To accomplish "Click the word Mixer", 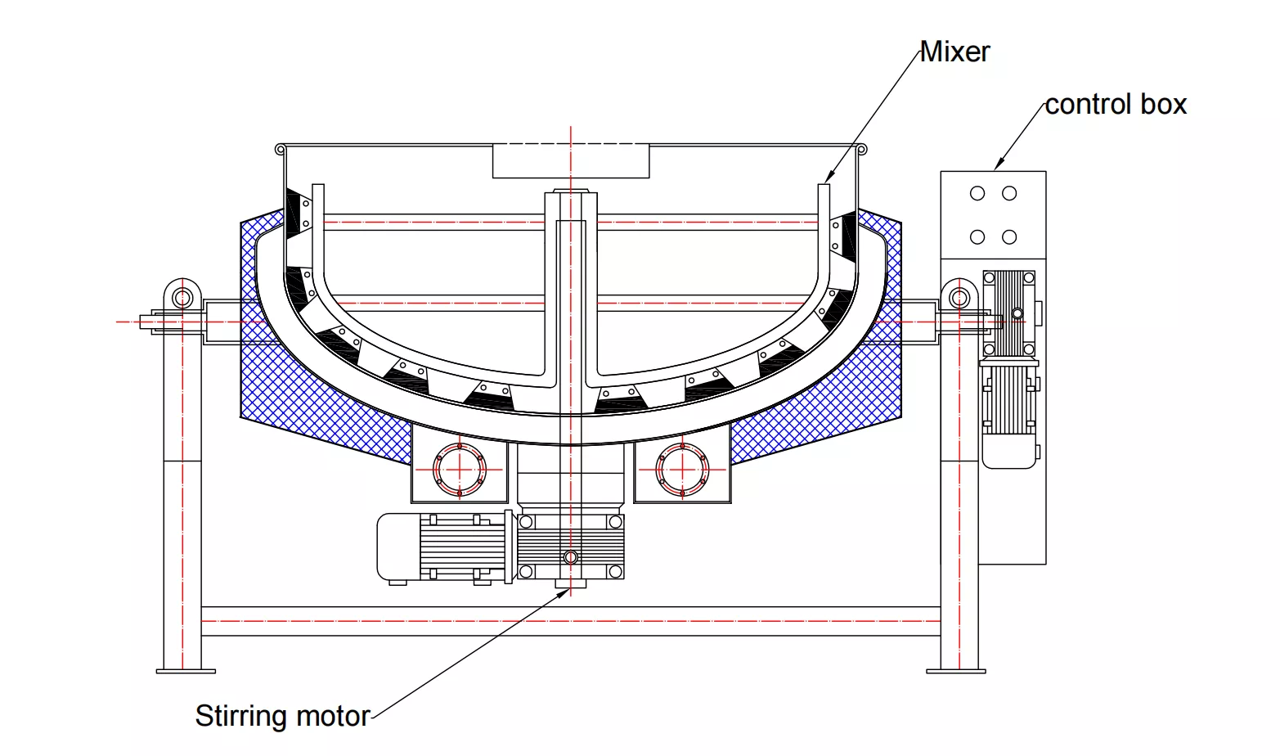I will (954, 52).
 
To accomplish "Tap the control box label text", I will (1116, 105).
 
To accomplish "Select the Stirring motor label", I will (282, 716).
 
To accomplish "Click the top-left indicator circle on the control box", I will (977, 194).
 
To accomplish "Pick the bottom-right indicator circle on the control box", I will (1009, 237).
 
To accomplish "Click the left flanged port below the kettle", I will (460, 470).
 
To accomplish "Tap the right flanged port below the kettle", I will (682, 470).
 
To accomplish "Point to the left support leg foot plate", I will (186, 671).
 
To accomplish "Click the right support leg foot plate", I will (955, 671).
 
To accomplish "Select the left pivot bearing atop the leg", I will (182, 296).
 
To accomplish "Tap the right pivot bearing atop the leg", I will (959, 296).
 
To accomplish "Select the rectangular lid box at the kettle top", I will (571, 161).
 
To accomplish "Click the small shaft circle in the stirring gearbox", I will (571, 557).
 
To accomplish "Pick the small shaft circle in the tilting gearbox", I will (1017, 313).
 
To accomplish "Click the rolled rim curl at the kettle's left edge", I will (281, 150).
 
